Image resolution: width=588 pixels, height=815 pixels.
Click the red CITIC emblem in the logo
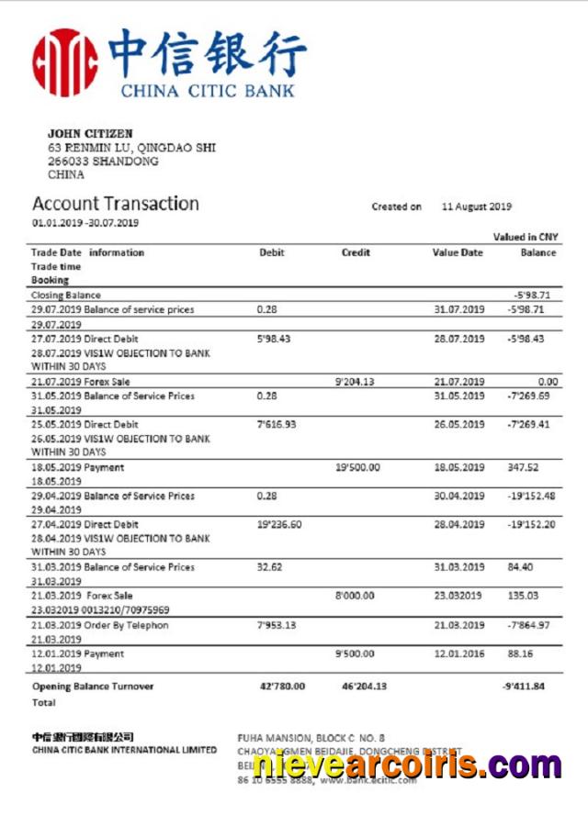pos(65,61)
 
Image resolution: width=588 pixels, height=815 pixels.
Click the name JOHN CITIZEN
pos(90,134)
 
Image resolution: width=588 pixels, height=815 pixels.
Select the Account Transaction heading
pos(116,204)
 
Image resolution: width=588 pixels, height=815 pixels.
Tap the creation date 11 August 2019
pos(477,207)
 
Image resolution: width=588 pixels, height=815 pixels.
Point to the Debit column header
pos(272,252)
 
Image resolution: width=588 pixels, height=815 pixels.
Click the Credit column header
pos(356,252)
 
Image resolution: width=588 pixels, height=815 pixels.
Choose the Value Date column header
pos(458,252)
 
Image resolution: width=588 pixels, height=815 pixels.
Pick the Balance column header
pos(538,252)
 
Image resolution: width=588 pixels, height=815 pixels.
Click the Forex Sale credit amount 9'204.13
pos(356,382)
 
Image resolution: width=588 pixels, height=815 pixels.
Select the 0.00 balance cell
pos(548,382)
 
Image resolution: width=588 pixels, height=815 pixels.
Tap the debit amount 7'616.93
pos(277,425)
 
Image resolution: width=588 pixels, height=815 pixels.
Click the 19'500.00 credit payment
pos(358,467)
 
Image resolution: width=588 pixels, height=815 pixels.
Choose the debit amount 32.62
pos(269,567)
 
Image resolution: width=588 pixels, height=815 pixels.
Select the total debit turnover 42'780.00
pos(283,686)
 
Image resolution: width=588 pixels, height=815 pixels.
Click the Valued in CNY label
pos(526,237)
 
